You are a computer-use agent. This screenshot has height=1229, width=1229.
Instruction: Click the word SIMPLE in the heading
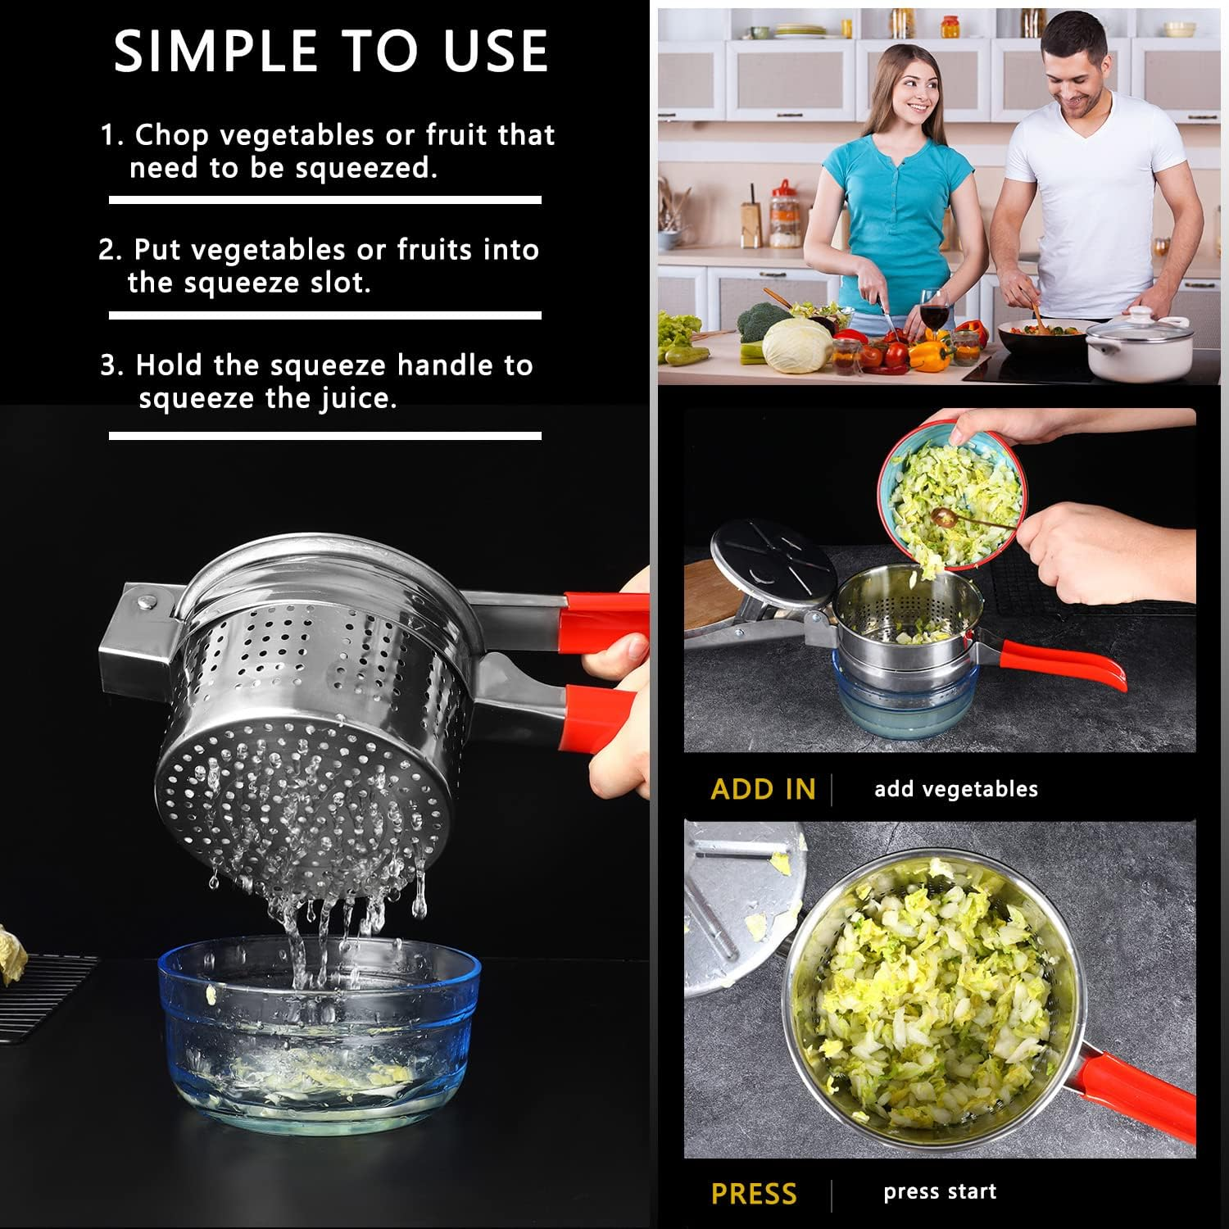214,51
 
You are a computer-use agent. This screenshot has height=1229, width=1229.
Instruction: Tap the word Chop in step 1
171,135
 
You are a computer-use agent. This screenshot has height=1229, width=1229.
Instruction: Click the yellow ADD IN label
763,789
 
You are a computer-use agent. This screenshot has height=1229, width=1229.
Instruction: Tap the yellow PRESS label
753,1194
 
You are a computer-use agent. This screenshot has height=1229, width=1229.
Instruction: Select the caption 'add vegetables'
955,789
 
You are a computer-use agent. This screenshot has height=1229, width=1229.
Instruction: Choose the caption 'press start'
940,1192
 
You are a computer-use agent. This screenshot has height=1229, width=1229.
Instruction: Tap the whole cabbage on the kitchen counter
797,345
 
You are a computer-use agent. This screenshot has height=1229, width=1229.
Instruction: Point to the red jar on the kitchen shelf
785,215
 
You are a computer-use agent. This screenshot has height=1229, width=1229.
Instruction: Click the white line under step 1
324,200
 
